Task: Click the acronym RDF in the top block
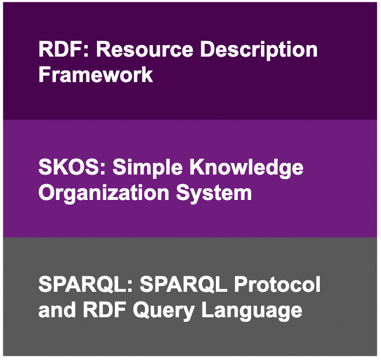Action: pyautogui.click(x=61, y=49)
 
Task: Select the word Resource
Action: pyautogui.click(x=145, y=49)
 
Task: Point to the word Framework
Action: pyautogui.click(x=96, y=75)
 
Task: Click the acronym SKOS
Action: pyautogui.click(x=69, y=168)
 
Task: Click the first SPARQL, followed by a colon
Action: pyautogui.click(x=83, y=285)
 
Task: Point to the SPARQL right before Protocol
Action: pyautogui.click(x=184, y=285)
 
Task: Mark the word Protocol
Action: pyautogui.click(x=277, y=285)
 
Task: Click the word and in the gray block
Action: pyautogui.click(x=57, y=309)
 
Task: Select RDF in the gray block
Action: pyautogui.click(x=104, y=309)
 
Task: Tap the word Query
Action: pyautogui.click(x=163, y=311)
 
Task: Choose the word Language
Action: pyautogui.click(x=252, y=311)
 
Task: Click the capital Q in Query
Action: pyautogui.click(x=141, y=310)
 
